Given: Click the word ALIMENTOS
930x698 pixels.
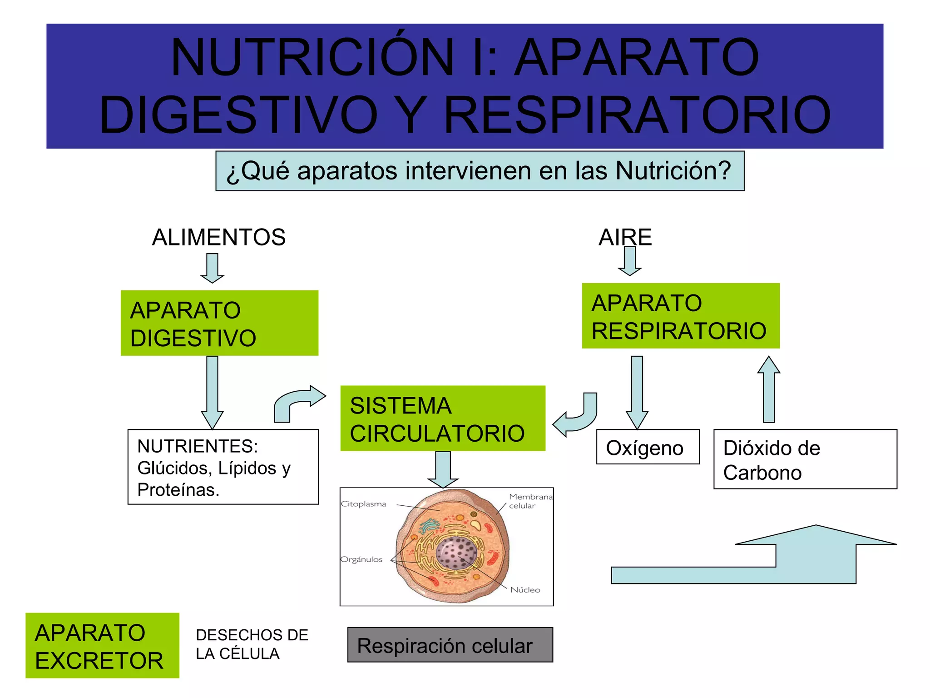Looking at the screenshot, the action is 218,237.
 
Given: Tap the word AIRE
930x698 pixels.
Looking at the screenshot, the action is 625,237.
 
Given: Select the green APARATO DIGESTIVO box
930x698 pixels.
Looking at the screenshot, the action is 219,323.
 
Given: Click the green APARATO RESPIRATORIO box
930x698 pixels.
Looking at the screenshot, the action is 680,316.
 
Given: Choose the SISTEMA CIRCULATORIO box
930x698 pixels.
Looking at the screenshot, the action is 443,419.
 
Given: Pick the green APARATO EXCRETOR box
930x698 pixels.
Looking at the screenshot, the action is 102,645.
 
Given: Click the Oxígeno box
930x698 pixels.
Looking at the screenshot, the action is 648,447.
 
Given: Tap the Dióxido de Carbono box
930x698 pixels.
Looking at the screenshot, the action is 805,459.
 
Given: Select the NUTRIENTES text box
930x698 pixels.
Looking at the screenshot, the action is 223,467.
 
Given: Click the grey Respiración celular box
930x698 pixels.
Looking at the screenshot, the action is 450,645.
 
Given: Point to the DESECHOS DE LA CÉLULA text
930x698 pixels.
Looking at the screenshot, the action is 252,644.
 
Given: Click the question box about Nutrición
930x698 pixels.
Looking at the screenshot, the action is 480,171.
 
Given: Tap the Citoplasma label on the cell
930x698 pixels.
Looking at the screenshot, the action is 363,504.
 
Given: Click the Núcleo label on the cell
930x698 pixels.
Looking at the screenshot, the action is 525,590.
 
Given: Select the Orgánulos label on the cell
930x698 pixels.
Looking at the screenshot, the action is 361,559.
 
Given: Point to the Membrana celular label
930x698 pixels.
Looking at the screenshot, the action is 529,501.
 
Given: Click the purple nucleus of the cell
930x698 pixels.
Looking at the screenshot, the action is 456,553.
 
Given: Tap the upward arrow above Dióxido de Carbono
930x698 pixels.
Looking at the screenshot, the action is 768,390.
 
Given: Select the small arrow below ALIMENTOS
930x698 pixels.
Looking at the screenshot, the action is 212,268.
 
